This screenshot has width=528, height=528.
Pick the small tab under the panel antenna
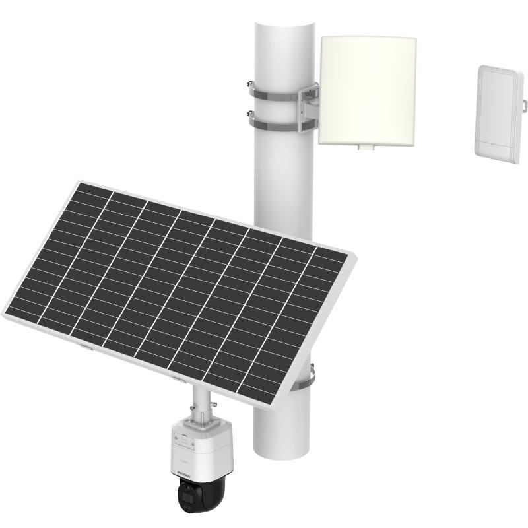364,147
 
